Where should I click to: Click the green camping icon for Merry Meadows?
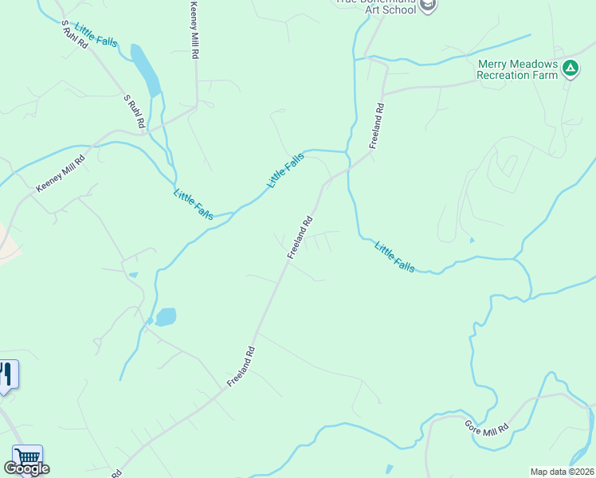coord(570,69)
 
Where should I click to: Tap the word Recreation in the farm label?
coord(504,75)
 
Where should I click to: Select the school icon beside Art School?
coord(428,6)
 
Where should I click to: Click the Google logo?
coord(26,468)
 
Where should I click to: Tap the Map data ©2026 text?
coord(562,471)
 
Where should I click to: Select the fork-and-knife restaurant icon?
coord(6,374)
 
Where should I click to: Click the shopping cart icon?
coord(28,457)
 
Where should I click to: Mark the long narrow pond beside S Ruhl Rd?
coord(146,69)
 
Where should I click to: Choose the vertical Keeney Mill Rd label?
coord(193,30)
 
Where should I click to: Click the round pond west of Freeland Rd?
coord(166,317)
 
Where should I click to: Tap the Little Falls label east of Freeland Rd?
coord(394,257)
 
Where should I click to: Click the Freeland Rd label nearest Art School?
coord(377,126)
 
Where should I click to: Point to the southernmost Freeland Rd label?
coord(241,366)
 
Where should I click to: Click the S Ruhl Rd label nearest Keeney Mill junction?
coord(133,112)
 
